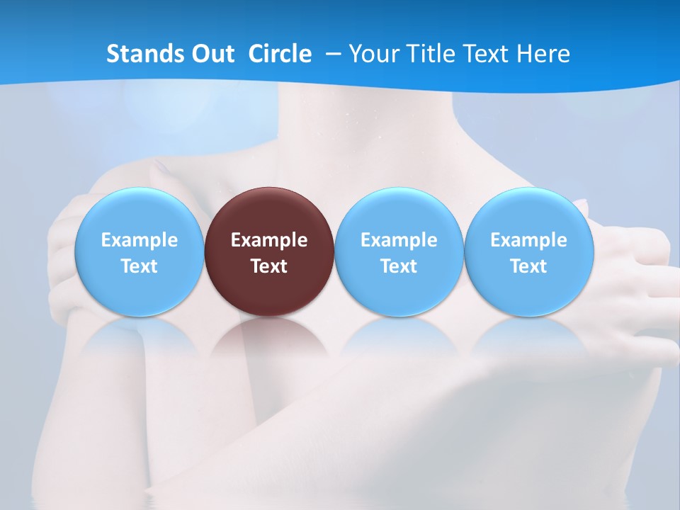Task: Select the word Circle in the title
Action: coord(280,54)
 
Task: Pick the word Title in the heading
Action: coord(429,54)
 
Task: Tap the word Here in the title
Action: coord(543,54)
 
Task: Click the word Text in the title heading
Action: coord(487,54)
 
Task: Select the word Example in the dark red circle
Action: coord(269,240)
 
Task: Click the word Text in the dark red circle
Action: coord(269,266)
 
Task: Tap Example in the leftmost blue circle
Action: coord(140,240)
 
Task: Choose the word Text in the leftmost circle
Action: coord(140,266)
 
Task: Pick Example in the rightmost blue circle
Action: coord(528,240)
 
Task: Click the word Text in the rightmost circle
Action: coord(528,266)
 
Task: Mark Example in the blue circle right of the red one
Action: coord(399,240)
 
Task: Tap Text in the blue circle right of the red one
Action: coord(399,266)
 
